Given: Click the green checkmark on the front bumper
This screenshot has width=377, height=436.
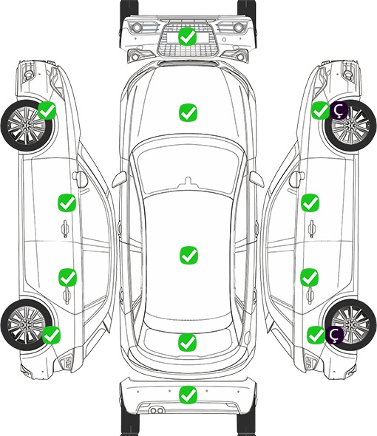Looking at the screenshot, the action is click(188, 36).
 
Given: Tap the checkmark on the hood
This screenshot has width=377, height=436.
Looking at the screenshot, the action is click(188, 112).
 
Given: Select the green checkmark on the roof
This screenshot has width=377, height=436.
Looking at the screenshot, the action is click(189, 255).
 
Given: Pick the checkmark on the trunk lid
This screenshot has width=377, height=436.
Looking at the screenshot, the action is click(188, 342).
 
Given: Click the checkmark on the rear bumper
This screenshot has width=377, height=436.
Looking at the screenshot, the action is click(188, 395).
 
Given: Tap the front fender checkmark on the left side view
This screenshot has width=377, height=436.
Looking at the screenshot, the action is click(47, 110).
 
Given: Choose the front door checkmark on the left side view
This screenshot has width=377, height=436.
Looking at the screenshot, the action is click(67, 202).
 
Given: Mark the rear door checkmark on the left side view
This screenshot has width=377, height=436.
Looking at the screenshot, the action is click(67, 277).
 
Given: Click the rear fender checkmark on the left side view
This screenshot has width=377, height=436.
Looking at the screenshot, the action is click(51, 335).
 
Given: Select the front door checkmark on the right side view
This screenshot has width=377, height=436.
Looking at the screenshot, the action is click(310, 202).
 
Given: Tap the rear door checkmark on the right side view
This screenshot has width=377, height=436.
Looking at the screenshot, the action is click(310, 277).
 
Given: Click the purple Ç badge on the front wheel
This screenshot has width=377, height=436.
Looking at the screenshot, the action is click(339, 110).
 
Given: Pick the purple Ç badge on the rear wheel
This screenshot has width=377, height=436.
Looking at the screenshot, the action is click(334, 335).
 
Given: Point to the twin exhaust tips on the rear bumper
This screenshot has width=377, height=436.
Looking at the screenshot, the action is click(157, 410).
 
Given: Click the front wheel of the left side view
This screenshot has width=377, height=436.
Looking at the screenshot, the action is click(26, 126).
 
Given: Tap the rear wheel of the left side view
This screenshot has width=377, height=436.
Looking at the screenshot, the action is click(26, 325).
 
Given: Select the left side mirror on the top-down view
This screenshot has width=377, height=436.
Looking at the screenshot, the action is click(119, 180).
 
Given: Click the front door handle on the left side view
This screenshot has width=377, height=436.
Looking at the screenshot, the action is click(65, 228).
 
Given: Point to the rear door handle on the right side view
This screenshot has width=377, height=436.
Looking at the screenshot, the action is click(310, 296).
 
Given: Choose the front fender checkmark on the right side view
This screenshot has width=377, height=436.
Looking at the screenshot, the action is click(320, 110).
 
